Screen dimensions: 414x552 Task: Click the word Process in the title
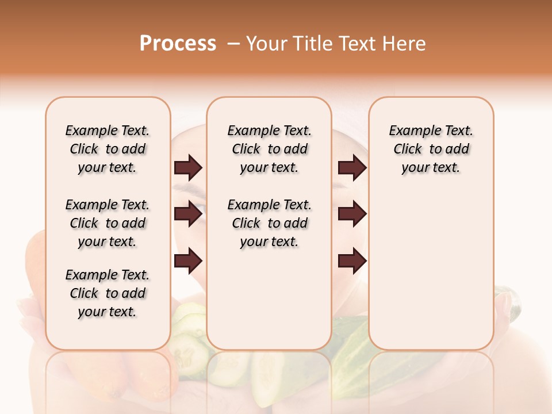click(178, 44)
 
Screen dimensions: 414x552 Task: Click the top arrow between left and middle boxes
click(188, 168)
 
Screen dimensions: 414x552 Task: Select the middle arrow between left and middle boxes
click(188, 214)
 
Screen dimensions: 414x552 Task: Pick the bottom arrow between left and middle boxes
click(188, 261)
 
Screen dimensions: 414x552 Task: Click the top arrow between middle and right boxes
click(352, 168)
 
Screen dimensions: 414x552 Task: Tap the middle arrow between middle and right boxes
click(352, 214)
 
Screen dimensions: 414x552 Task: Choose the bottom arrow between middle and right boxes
click(352, 261)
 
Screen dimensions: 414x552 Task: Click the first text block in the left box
click(108, 149)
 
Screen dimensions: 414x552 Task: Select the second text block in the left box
click(108, 223)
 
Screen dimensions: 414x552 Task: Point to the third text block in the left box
click(108, 293)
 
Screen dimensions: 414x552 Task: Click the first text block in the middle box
click(270, 149)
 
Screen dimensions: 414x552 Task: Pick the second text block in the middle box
click(270, 223)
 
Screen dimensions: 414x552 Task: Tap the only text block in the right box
click(431, 149)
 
